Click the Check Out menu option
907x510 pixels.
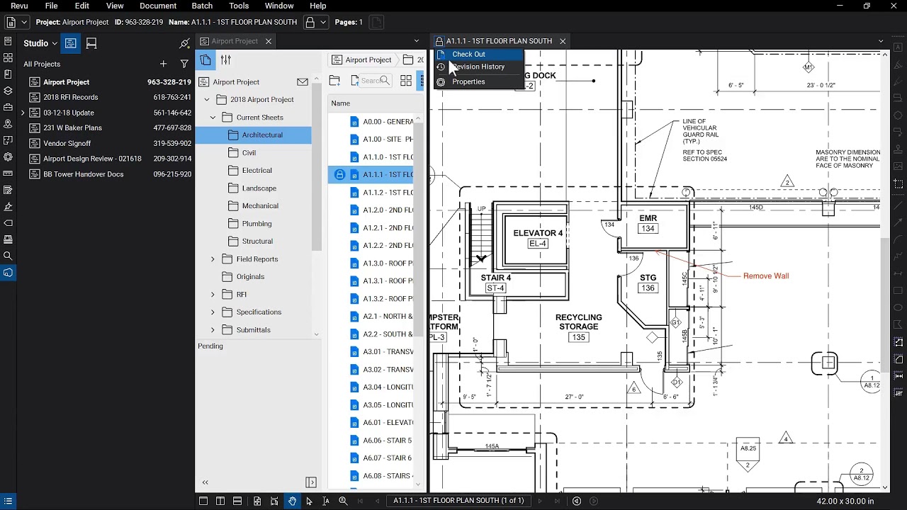[x=468, y=55]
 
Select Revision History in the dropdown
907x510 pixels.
[x=478, y=67]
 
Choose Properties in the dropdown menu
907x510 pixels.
[x=468, y=81]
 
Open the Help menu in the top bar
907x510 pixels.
[x=318, y=6]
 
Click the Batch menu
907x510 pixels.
[x=202, y=6]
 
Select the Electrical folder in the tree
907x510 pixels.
[x=257, y=170]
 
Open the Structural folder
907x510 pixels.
[x=257, y=241]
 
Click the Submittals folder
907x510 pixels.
[x=253, y=330]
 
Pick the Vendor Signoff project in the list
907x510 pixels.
[x=67, y=143]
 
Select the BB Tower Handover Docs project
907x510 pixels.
[x=84, y=174]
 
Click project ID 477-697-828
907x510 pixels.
[x=172, y=128]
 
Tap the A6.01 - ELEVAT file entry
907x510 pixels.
[x=388, y=423]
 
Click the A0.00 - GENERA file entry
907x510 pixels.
[x=388, y=122]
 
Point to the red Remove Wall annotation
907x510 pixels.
[x=765, y=276]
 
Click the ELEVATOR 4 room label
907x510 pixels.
[x=538, y=233]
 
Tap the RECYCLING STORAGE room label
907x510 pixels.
[x=578, y=322]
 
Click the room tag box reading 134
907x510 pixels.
[x=647, y=229]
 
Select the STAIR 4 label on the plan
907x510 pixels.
[x=495, y=278]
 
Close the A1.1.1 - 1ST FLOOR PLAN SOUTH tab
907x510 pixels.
[x=563, y=41]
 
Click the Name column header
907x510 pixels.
[x=341, y=103]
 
